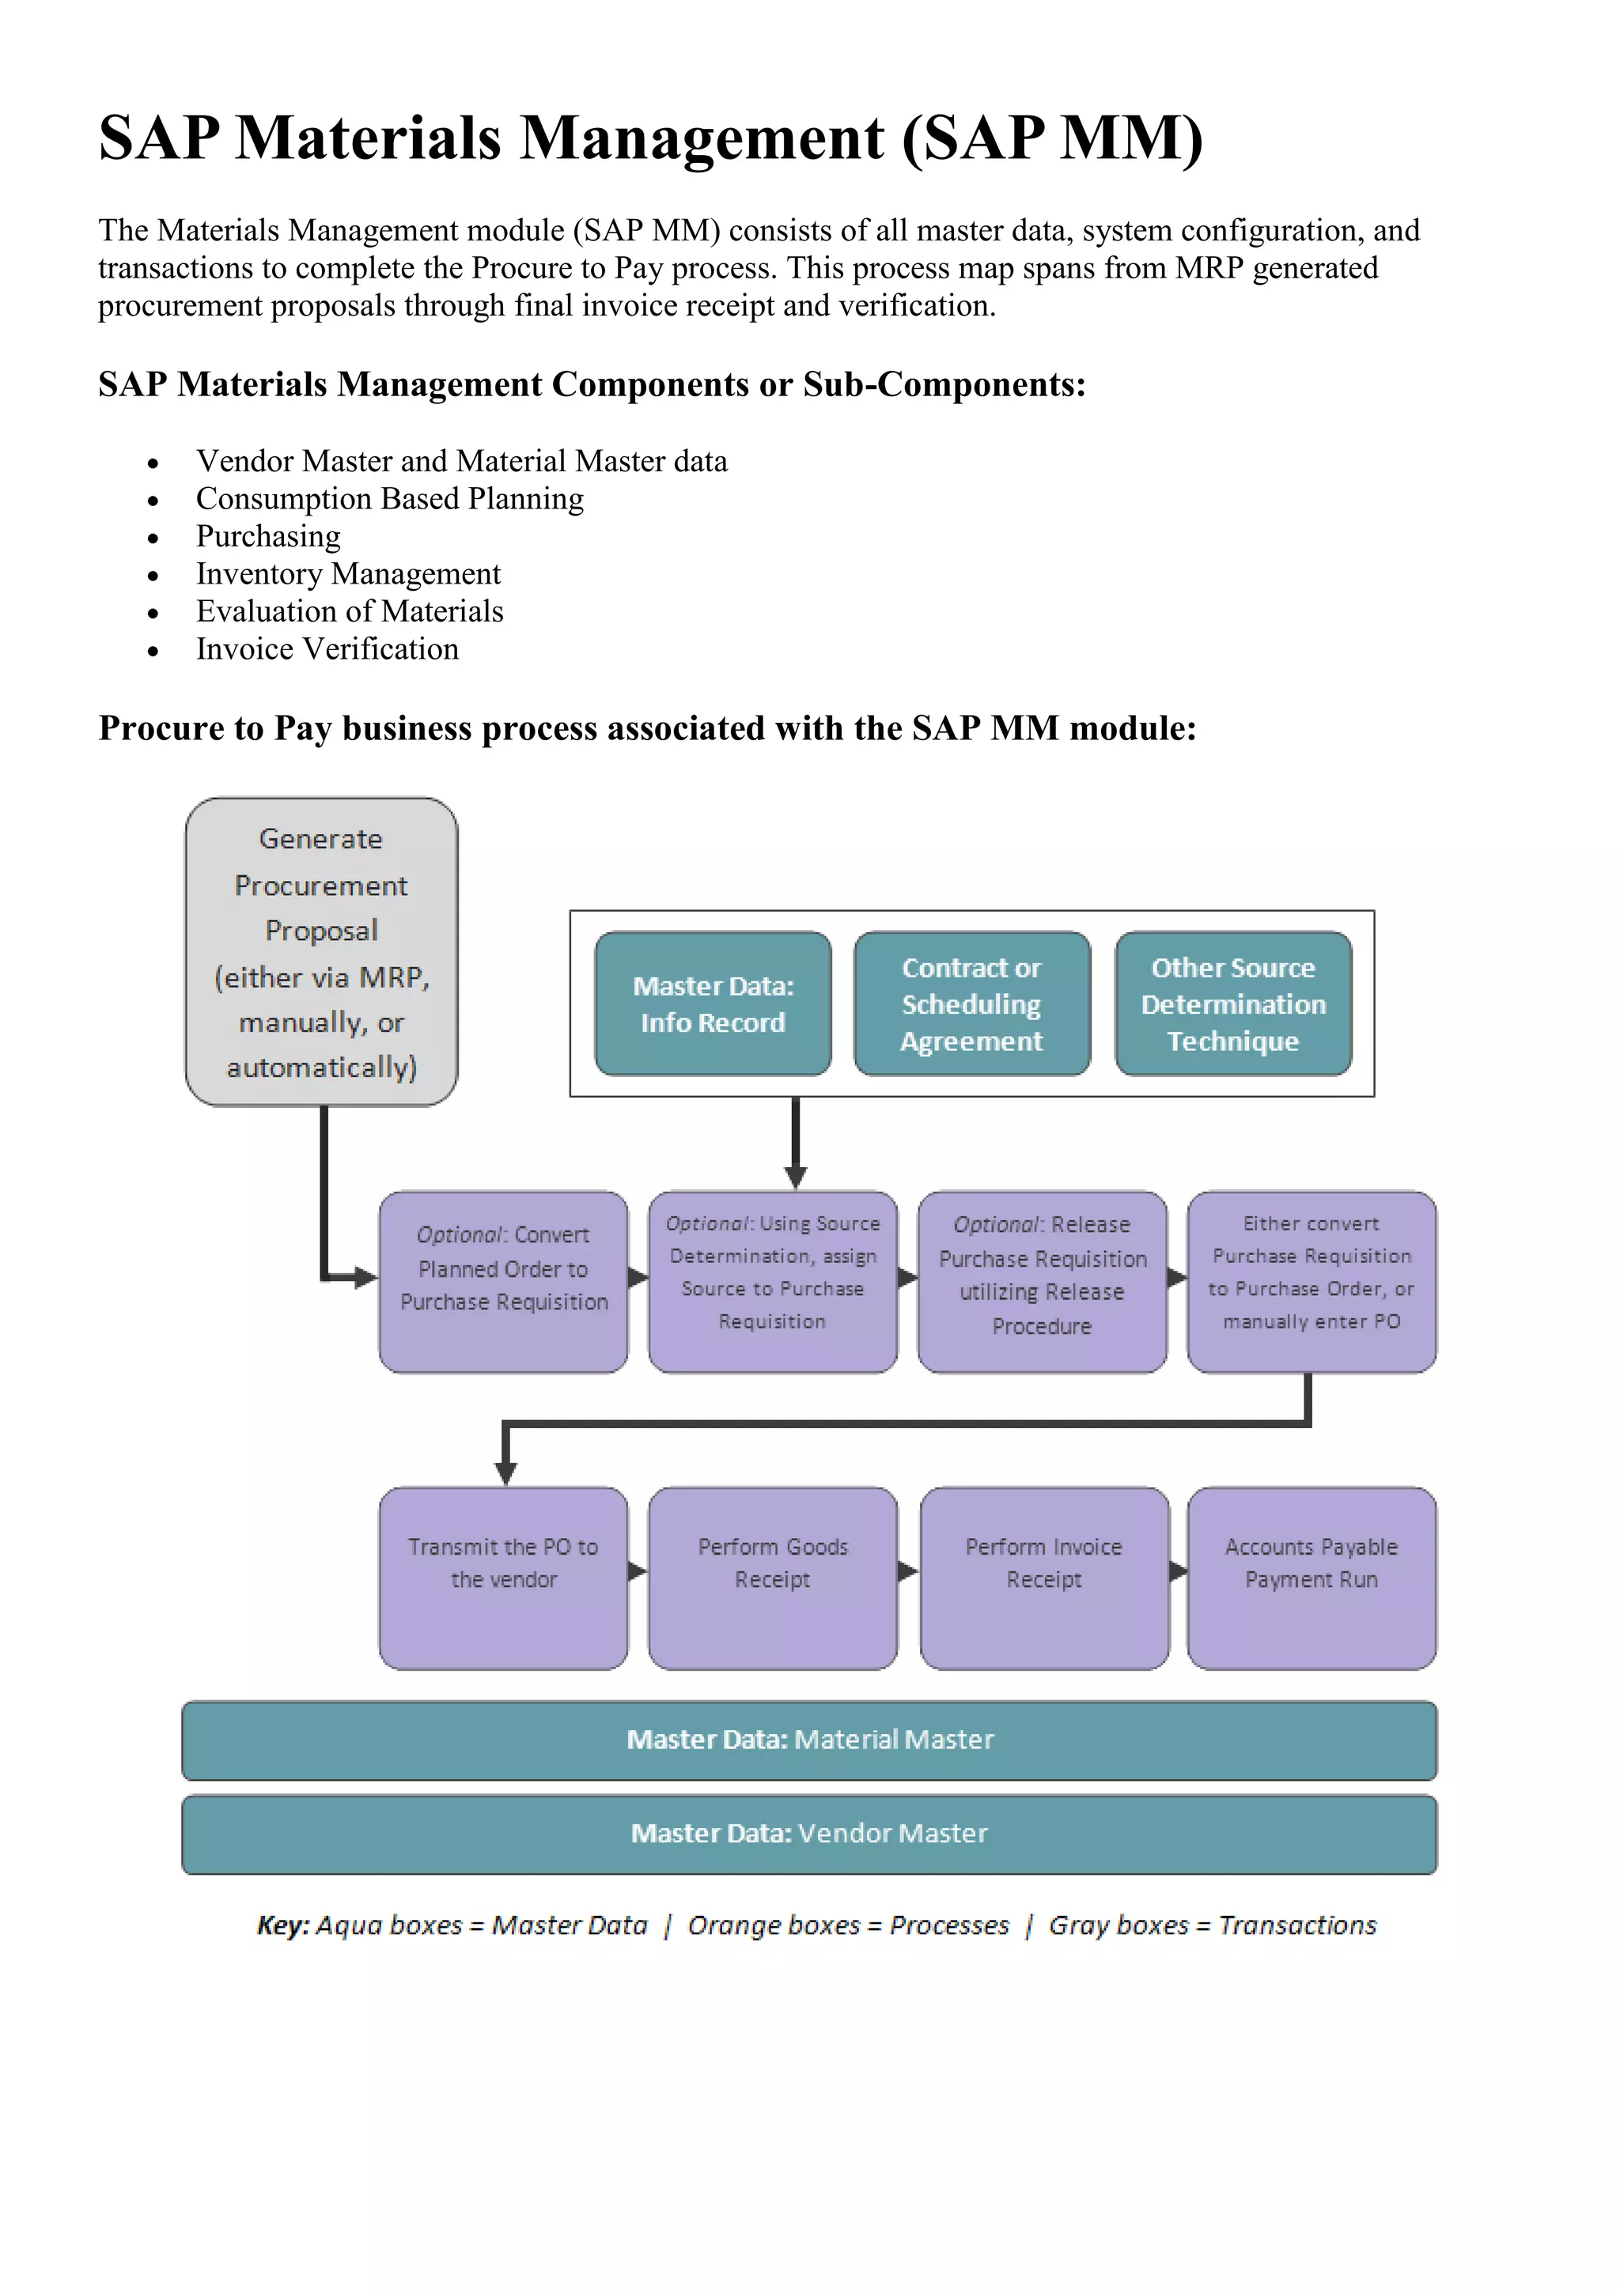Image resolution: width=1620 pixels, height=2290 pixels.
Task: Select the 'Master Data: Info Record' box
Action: (x=712, y=1003)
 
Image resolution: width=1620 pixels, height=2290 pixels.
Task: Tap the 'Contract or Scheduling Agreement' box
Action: (x=971, y=1003)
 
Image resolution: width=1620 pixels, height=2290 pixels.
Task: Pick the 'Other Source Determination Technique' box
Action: (x=1233, y=1003)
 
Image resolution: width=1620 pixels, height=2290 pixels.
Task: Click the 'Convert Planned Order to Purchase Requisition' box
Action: (x=503, y=1281)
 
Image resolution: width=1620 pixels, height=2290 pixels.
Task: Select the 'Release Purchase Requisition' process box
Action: (x=1042, y=1281)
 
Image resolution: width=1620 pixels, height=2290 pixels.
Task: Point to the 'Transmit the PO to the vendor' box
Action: (x=503, y=1578)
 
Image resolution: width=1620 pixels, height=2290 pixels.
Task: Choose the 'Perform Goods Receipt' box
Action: (x=772, y=1578)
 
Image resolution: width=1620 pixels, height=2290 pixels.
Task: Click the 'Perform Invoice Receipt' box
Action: (x=1043, y=1578)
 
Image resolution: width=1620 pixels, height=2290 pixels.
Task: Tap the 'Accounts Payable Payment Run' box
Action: (x=1311, y=1578)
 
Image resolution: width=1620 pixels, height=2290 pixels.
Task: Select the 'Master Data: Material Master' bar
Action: (x=809, y=1740)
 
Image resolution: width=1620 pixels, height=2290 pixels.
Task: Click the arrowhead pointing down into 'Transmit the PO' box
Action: (x=505, y=1473)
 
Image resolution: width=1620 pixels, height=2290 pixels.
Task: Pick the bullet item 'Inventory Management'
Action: (x=348, y=573)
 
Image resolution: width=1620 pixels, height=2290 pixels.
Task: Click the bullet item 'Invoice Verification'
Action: (x=327, y=649)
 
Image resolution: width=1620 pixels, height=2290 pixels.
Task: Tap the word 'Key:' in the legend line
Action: (x=283, y=1925)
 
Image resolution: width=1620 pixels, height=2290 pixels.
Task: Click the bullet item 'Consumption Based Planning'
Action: (x=389, y=499)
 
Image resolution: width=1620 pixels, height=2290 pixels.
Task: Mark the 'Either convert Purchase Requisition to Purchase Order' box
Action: (x=1311, y=1281)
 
